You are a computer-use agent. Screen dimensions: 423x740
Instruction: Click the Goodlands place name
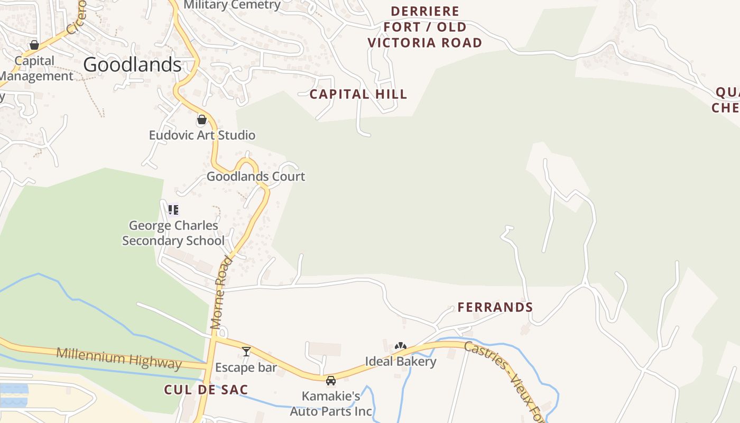(132, 65)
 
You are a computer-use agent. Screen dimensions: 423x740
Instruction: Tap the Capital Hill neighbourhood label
(358, 94)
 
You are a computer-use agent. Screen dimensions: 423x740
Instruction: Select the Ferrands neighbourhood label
(495, 307)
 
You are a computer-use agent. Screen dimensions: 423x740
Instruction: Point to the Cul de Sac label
(206, 390)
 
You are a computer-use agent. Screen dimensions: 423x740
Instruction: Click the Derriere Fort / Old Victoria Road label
(425, 27)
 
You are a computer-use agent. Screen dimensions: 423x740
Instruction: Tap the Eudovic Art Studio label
(202, 135)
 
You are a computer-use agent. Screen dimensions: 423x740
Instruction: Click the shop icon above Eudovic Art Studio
(201, 120)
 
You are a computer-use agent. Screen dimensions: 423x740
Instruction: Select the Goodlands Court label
(256, 176)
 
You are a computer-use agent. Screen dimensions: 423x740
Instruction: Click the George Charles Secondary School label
(173, 233)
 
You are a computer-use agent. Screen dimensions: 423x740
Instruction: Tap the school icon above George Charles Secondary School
(173, 210)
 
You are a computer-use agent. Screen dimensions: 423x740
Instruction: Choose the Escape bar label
(246, 367)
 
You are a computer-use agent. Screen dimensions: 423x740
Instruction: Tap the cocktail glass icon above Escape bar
(246, 352)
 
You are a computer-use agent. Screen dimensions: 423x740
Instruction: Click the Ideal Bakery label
(401, 361)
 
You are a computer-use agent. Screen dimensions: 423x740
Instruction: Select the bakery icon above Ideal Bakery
(401, 346)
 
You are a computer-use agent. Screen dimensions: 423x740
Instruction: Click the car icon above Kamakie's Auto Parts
(331, 381)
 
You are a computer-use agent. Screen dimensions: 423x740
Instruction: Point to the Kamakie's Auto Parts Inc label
(331, 403)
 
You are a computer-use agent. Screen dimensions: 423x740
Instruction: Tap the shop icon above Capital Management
(34, 45)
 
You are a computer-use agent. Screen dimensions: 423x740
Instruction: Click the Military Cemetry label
(232, 5)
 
